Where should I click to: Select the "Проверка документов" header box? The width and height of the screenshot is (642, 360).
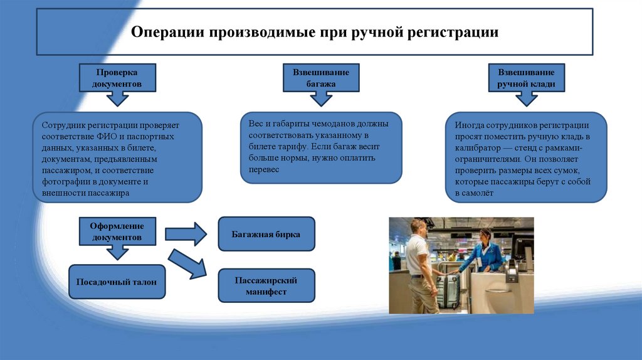(117, 78)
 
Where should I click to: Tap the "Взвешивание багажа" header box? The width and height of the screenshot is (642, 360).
(321, 78)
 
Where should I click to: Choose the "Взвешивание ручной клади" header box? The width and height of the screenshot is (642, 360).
(526, 78)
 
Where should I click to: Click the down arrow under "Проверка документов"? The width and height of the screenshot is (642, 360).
(117, 98)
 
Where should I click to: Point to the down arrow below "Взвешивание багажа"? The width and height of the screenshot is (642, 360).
(321, 98)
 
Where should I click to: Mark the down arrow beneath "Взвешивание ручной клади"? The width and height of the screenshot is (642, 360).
(526, 98)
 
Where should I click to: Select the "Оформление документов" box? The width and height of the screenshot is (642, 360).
(117, 232)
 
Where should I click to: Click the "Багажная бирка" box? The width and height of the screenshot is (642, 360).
(266, 234)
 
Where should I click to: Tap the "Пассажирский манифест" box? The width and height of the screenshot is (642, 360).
(266, 285)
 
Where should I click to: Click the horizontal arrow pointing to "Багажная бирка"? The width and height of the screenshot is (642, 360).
(186, 234)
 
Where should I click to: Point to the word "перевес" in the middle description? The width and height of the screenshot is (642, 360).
(263, 170)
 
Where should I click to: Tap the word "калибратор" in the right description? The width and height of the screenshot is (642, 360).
(476, 148)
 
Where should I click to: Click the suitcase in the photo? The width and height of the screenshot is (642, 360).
(446, 291)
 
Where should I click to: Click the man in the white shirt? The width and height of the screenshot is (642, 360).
(419, 263)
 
